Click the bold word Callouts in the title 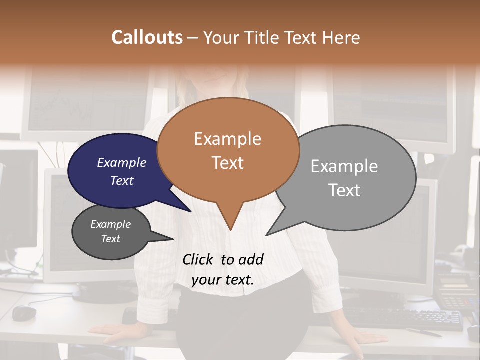[x=147, y=37]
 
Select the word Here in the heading [x=342, y=37]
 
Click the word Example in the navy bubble [x=122, y=162]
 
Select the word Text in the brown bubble [x=228, y=163]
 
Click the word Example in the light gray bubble [x=344, y=166]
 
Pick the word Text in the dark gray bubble [x=111, y=239]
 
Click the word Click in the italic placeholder [x=198, y=259]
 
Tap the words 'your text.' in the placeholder [x=223, y=280]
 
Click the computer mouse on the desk [x=24, y=312]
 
